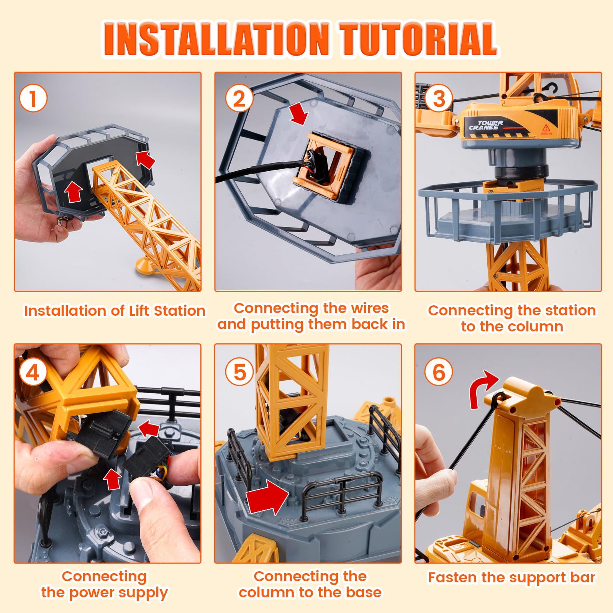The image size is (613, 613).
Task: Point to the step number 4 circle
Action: [33, 372]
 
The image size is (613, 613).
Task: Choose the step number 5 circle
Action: [239, 372]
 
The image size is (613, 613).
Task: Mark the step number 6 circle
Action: [439, 372]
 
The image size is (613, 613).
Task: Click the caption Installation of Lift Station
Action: [115, 311]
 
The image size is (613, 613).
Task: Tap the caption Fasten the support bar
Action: [511, 578]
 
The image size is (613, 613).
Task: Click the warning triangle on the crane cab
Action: [546, 128]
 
